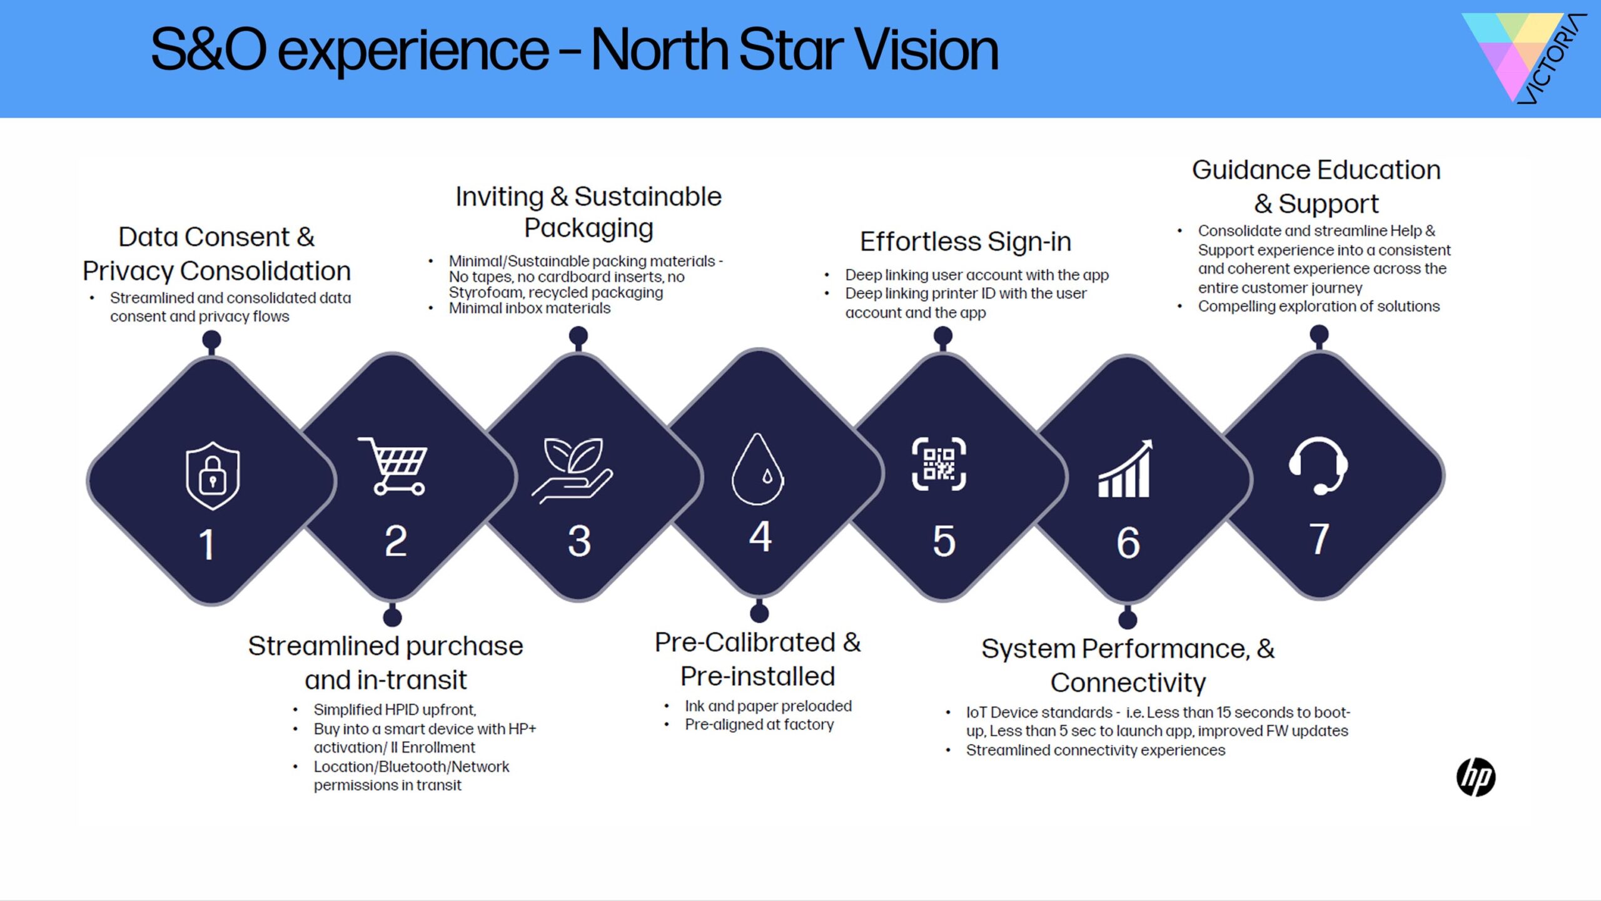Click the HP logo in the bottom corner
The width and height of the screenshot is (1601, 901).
(x=1476, y=777)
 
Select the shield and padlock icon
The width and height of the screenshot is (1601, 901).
(x=213, y=476)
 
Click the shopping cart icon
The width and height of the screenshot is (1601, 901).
(x=393, y=466)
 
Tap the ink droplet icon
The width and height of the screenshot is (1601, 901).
(x=758, y=469)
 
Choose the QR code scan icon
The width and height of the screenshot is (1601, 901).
(x=939, y=464)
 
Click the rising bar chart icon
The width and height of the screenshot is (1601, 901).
(x=1125, y=469)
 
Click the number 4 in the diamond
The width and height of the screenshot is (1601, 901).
(x=760, y=536)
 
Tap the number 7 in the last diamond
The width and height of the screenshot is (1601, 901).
(x=1319, y=539)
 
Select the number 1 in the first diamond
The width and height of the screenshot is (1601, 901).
(x=207, y=544)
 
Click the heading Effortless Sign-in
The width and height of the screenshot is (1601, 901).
(x=966, y=242)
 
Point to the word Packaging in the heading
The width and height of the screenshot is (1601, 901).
(x=588, y=228)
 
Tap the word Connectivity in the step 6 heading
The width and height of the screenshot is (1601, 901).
(x=1128, y=683)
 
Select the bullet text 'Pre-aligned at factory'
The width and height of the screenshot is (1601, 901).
(x=759, y=725)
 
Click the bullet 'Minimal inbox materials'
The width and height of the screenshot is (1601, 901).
(x=530, y=308)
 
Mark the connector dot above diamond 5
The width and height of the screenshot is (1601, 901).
(x=943, y=336)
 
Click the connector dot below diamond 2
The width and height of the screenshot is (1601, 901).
(x=392, y=618)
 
